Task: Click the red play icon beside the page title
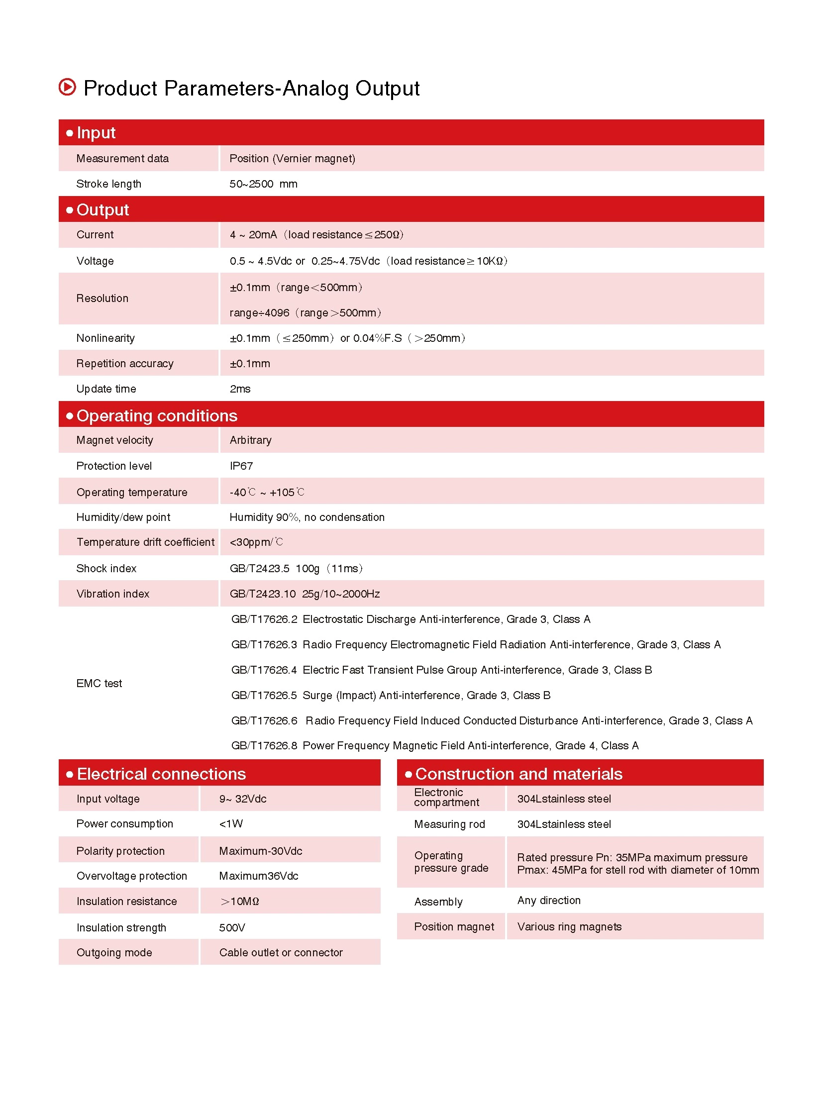pyautogui.click(x=67, y=87)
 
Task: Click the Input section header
pyautogui.click(x=96, y=132)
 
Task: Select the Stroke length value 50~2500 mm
pyautogui.click(x=263, y=184)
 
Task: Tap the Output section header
pyautogui.click(x=103, y=210)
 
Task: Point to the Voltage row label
pyautogui.click(x=95, y=261)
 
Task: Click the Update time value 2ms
pyautogui.click(x=240, y=389)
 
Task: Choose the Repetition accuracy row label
pyautogui.click(x=125, y=364)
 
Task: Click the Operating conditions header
pyautogui.click(x=157, y=415)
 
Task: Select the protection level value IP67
pyautogui.click(x=241, y=466)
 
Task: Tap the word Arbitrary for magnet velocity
pyautogui.click(x=251, y=440)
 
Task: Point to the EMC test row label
pyautogui.click(x=99, y=684)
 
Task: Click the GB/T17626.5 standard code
pyautogui.click(x=264, y=696)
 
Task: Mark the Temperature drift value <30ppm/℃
pyautogui.click(x=256, y=542)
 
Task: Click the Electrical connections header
pyautogui.click(x=161, y=774)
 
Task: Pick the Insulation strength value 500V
pyautogui.click(x=232, y=927)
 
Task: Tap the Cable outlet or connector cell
pyautogui.click(x=281, y=953)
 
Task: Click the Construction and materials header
pyautogui.click(x=518, y=774)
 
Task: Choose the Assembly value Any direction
pyautogui.click(x=549, y=900)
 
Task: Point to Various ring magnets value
pyautogui.click(x=569, y=926)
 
